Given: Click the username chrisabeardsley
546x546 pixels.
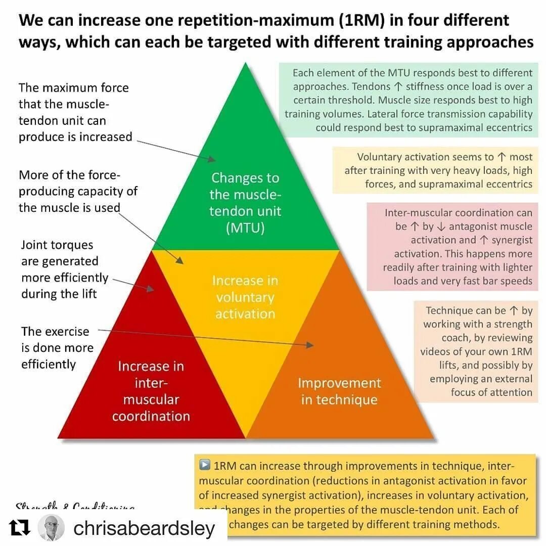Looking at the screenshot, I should coord(144,528).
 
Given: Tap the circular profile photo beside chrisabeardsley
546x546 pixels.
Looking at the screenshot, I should coord(51,528).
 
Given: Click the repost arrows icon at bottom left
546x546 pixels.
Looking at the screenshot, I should coord(21,528).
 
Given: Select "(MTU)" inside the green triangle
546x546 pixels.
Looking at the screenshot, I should coord(245,228).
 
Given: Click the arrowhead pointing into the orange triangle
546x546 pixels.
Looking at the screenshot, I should coord(309,345).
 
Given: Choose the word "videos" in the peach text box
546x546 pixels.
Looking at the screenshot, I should coord(438,351).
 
